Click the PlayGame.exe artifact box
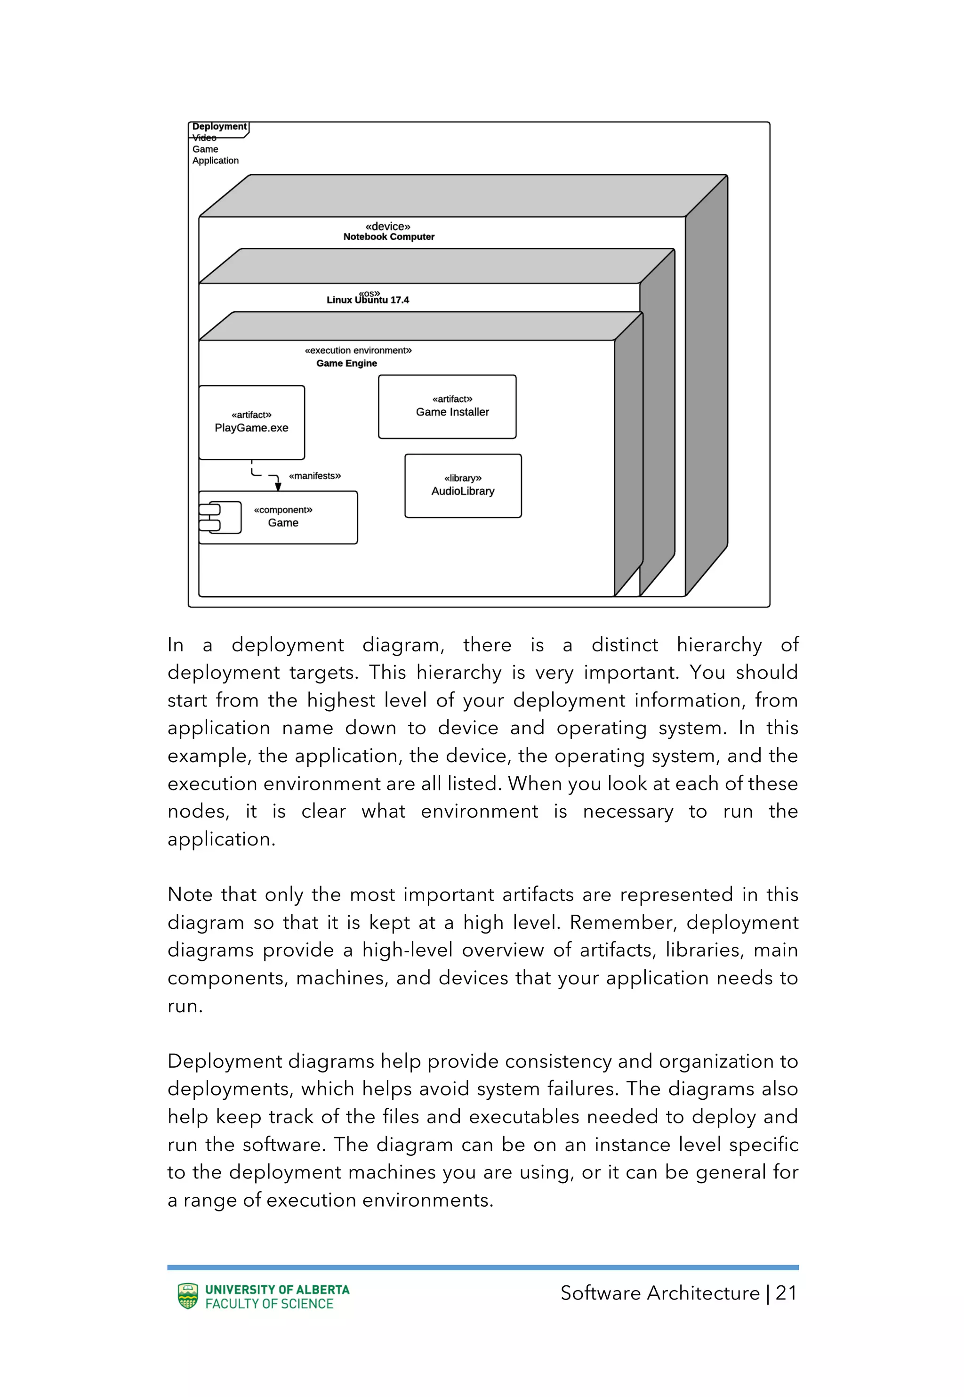251,422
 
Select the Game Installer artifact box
447,406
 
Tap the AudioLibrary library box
463,486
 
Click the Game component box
284,517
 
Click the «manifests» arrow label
315,476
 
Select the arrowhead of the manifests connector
278,487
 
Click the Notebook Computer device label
388,237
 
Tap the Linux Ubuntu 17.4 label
367,300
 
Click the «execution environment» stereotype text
358,350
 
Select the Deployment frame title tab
219,127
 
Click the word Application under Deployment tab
215,161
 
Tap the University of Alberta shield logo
188,1296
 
